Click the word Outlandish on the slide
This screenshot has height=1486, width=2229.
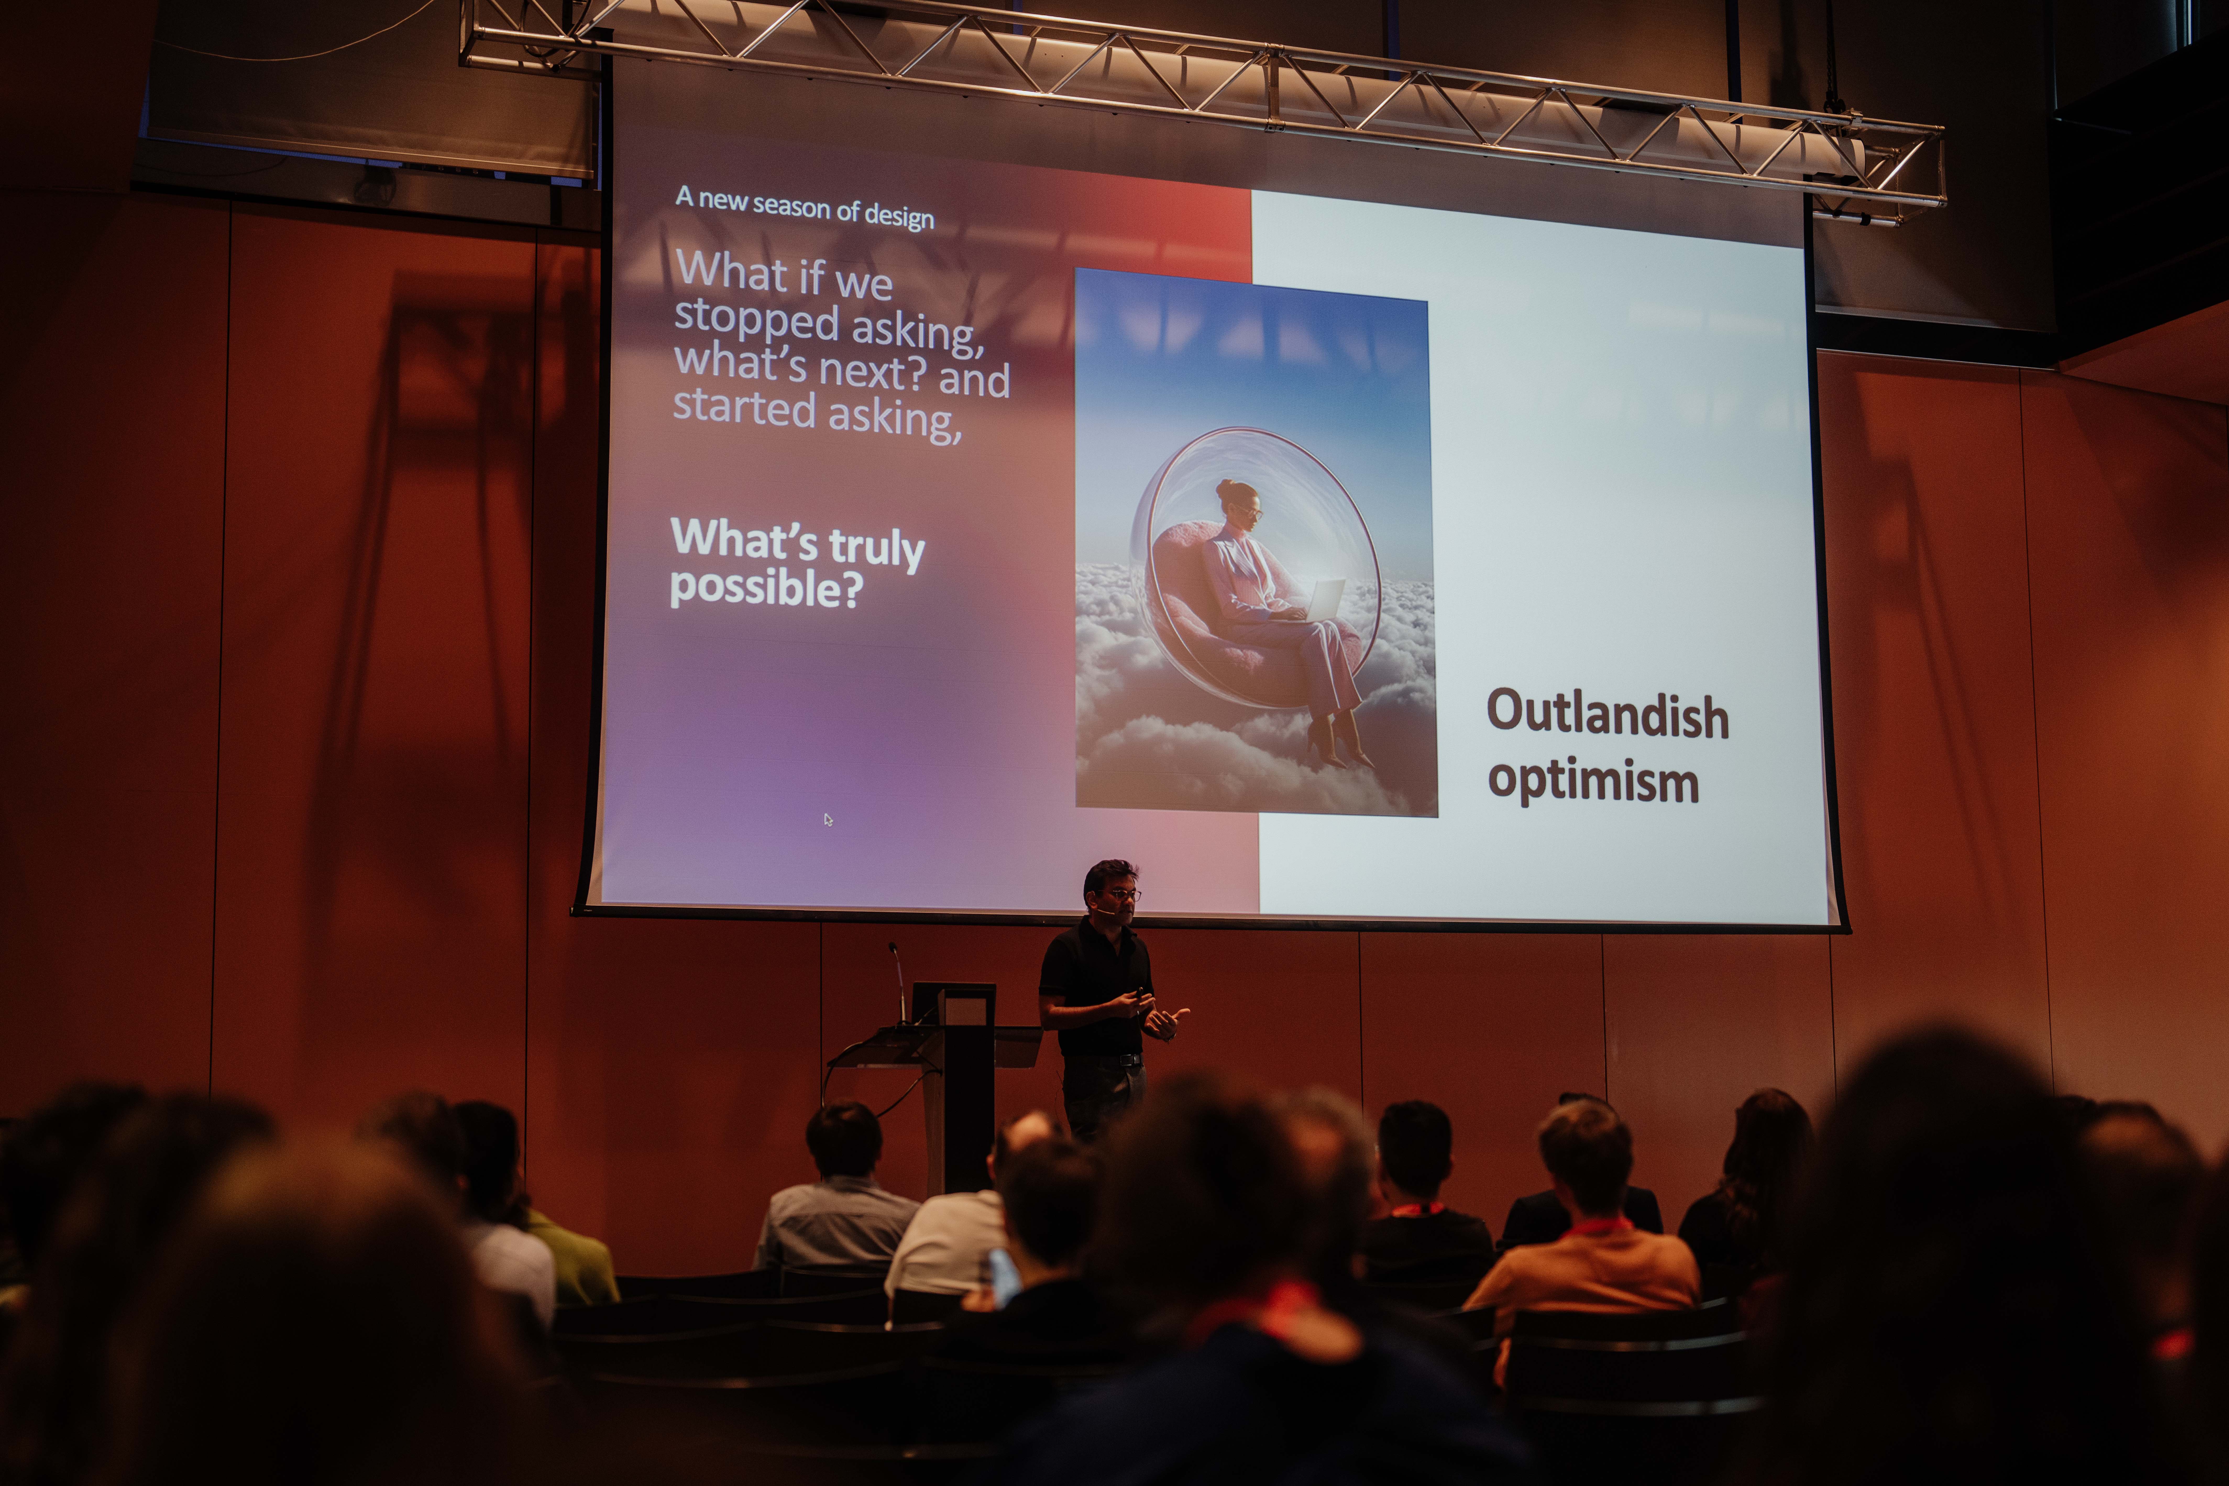pos(1607,714)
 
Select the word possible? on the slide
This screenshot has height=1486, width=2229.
pos(766,588)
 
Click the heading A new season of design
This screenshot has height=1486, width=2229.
pos(805,207)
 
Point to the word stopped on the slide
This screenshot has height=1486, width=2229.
pos(756,319)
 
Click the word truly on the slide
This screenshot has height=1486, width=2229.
pos(877,548)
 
